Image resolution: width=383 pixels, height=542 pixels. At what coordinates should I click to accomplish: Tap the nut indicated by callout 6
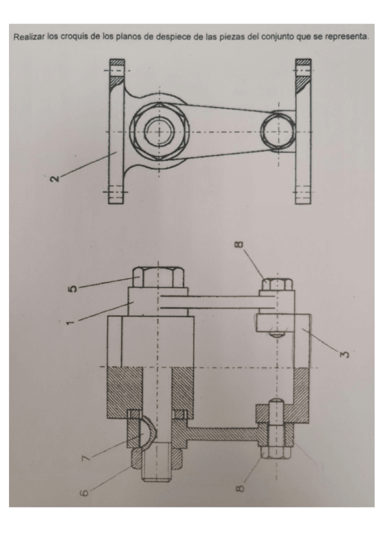coord(158,460)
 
